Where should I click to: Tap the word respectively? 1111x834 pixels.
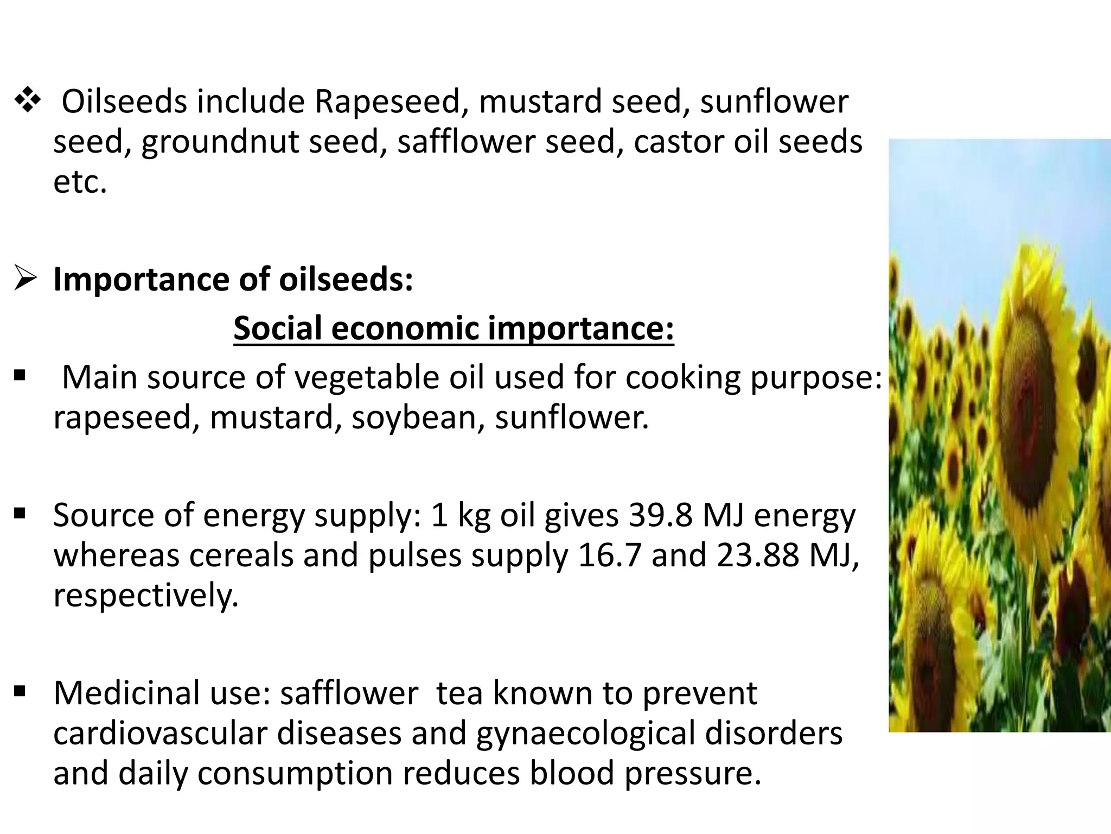pyautogui.click(x=145, y=596)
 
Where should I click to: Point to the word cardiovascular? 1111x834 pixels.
pyautogui.click(x=161, y=734)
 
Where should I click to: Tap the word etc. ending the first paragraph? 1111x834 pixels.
pyautogui.click(x=80, y=182)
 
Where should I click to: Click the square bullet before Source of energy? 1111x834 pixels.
pyautogui.click(x=20, y=513)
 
